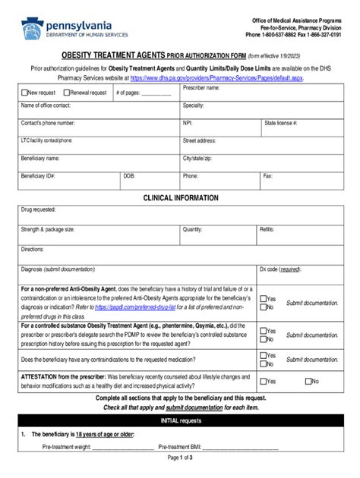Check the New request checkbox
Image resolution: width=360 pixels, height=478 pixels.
coord(24,93)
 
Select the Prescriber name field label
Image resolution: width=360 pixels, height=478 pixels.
coord(201,88)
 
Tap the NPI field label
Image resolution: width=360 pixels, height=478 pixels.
coord(188,122)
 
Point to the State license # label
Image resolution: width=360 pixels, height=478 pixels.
coord(280,122)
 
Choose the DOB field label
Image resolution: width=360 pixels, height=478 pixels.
coord(130,175)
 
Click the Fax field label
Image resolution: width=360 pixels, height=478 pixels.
coord(267,175)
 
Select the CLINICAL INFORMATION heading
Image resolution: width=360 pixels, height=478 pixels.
coord(181,198)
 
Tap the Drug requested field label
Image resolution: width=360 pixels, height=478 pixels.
coord(39,210)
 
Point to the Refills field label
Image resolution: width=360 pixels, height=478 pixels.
coord(267,229)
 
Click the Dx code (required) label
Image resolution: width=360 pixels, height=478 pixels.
coord(280,269)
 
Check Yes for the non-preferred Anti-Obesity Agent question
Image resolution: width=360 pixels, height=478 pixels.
coord(264,299)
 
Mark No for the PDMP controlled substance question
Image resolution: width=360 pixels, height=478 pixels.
coord(264,340)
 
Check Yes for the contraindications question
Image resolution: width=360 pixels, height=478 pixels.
coord(264,355)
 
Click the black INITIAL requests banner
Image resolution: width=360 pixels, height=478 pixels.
coord(180,420)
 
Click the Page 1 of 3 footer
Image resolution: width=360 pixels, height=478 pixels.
coord(180,458)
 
